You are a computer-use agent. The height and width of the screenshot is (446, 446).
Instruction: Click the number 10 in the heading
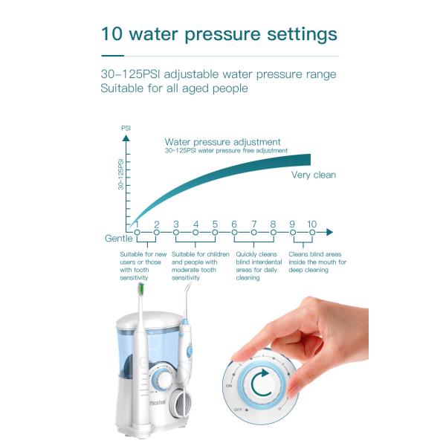tap(113, 34)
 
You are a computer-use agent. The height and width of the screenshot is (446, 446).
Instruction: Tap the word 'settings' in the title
tap(296, 35)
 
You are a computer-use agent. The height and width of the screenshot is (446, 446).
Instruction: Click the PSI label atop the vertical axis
tap(126, 128)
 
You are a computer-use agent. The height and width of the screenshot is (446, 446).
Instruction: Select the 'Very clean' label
tap(313, 175)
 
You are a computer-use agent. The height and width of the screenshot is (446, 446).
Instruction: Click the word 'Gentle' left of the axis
tap(118, 238)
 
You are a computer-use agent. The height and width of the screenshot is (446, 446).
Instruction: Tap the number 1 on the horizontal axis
tap(137, 224)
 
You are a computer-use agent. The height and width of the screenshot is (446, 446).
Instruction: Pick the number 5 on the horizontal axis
tap(215, 224)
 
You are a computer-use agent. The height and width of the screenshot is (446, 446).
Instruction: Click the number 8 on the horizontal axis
tap(273, 224)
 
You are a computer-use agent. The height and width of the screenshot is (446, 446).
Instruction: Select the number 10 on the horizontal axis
tap(311, 224)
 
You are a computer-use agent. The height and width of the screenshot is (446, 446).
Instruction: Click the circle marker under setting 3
tap(176, 233)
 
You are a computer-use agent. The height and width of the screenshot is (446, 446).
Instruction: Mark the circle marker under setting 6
tap(234, 233)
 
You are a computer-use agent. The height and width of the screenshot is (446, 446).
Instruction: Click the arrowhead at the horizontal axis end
tap(328, 232)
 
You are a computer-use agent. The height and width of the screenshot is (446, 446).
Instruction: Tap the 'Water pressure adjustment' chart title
tap(222, 142)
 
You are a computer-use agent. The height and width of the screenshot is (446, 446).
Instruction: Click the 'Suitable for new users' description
tap(142, 265)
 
